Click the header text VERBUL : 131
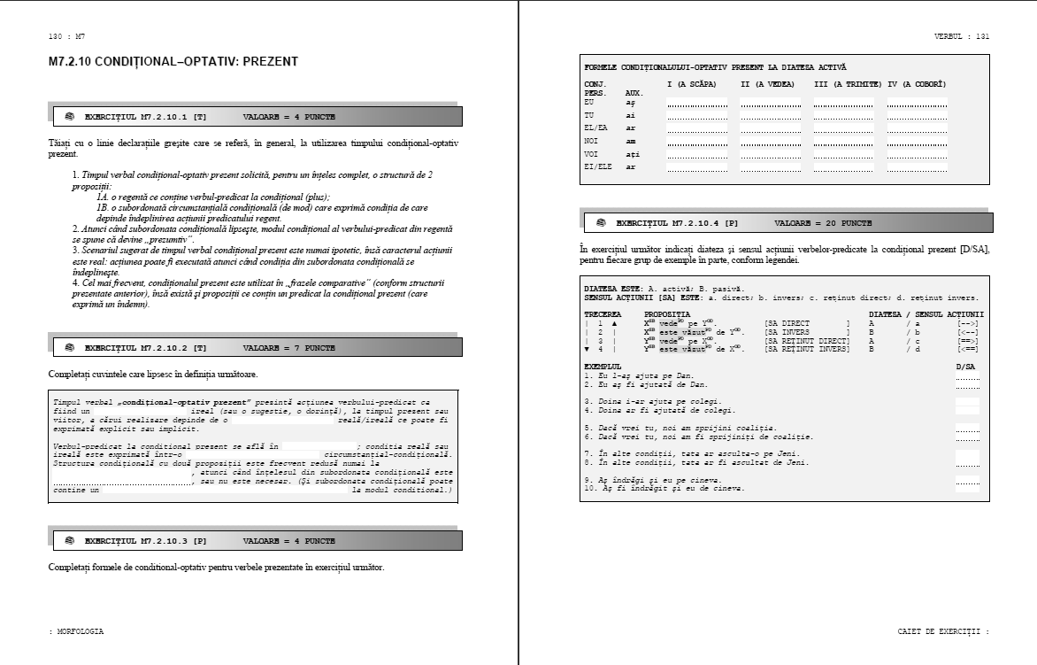point(962,36)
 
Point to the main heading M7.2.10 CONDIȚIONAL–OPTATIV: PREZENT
point(173,62)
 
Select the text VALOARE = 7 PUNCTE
point(288,348)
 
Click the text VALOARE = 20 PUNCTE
point(823,223)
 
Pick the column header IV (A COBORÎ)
point(918,83)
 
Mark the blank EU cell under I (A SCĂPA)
point(697,103)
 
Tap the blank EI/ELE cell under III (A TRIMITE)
point(843,166)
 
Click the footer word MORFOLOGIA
point(79,631)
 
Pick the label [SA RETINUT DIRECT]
point(806,341)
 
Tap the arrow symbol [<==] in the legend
point(967,349)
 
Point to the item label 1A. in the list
point(103,196)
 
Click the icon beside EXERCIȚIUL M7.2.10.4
point(602,223)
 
